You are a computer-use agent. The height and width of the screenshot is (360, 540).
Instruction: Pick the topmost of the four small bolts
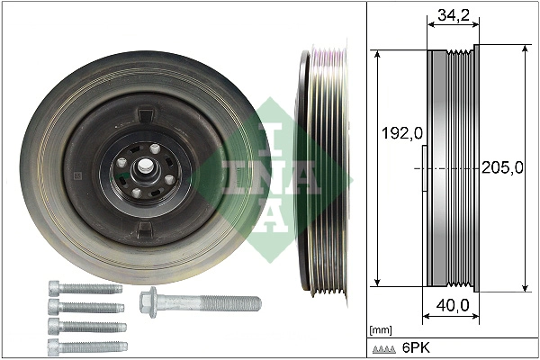82,289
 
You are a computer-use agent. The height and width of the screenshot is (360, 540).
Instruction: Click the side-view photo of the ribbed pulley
319,171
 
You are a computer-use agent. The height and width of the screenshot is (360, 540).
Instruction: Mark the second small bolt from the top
85,307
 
